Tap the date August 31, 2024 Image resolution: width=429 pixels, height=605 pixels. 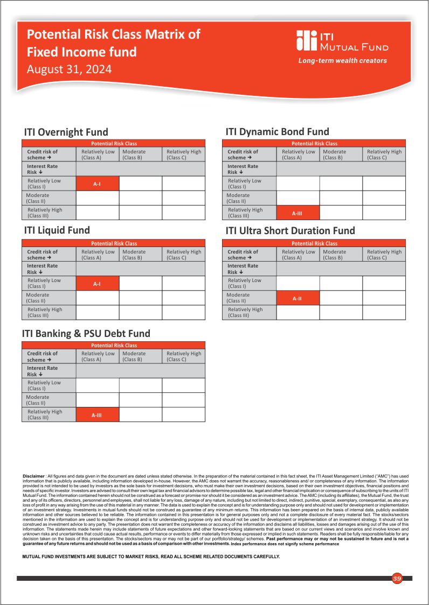(69, 69)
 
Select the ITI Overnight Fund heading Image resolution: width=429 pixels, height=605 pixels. (66, 132)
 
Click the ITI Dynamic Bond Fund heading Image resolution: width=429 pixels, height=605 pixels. (277, 132)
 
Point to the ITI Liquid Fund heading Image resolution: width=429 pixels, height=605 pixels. (57, 230)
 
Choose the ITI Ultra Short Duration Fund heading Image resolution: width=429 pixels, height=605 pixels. (290, 231)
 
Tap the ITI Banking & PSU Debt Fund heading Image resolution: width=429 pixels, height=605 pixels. (86, 334)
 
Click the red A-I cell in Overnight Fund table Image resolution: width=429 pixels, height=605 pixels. (97, 184)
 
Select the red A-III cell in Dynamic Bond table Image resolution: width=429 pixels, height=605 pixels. (297, 213)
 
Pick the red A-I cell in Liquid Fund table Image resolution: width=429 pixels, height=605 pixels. (97, 283)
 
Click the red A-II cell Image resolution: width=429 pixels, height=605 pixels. (297, 298)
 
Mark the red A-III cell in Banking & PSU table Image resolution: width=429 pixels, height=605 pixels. (97, 415)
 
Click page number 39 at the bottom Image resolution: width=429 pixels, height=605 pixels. (397, 579)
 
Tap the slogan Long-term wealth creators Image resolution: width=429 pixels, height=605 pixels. (342, 61)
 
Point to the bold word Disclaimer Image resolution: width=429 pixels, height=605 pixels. (33, 476)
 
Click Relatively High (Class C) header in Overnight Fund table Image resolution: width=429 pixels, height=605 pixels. (184, 154)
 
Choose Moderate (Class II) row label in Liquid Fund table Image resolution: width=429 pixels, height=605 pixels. (38, 298)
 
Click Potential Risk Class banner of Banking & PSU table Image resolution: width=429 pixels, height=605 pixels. (114, 346)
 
